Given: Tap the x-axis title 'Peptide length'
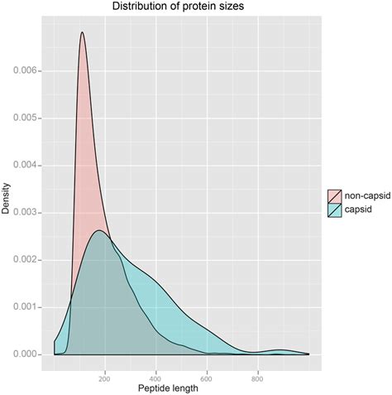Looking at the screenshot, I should click(x=181, y=388).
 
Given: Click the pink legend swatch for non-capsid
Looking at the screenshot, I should click(x=335, y=196).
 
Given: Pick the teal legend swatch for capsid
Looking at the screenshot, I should click(x=335, y=210).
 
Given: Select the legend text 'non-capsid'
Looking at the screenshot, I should click(x=366, y=196).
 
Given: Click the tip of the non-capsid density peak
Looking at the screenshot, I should click(x=82, y=32).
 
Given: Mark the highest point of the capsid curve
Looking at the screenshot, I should click(x=98, y=230).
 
